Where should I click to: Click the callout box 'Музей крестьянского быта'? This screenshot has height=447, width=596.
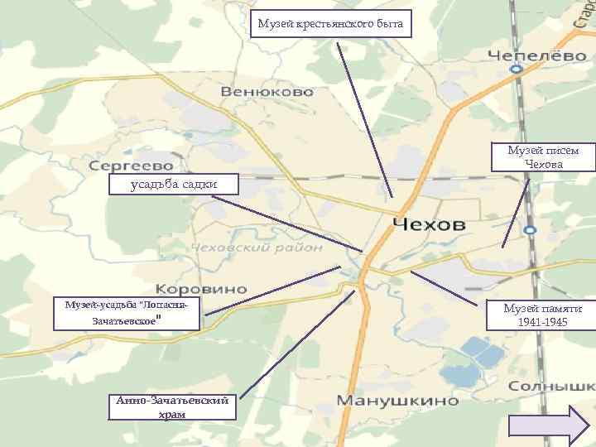coord(331,24)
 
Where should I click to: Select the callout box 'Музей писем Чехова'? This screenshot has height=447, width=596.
coord(543,157)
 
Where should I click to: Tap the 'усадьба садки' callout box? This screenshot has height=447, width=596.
coord(173,183)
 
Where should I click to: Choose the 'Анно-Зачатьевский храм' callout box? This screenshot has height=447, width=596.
coord(172,406)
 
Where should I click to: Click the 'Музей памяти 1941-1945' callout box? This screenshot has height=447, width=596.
coord(542,314)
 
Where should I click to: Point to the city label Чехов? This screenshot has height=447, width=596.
coord(429,224)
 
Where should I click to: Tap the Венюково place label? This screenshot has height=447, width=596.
coord(267,91)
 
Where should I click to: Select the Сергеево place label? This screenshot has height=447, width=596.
coord(132,166)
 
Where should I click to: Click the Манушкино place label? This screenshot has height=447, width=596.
coord(397,401)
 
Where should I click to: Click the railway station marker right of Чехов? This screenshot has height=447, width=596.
coord(530,229)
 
